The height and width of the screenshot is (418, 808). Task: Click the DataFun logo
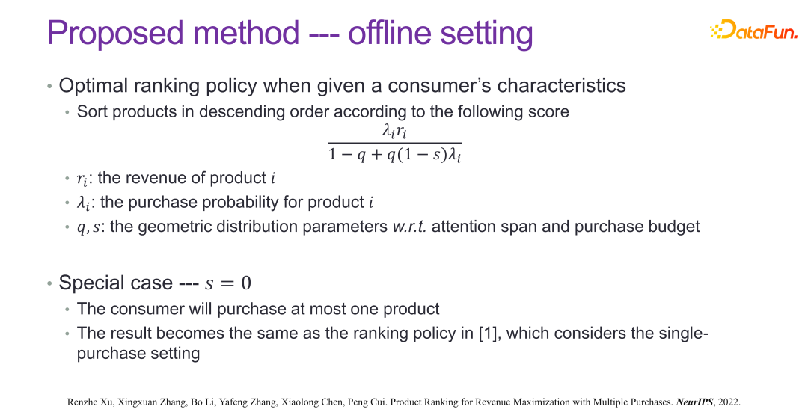click(x=753, y=30)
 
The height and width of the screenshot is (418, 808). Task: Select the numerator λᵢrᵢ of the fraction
click(x=395, y=132)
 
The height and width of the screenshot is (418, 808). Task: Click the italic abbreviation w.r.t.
click(x=409, y=227)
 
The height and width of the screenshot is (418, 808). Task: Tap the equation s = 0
click(x=227, y=283)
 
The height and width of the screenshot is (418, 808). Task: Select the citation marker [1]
click(x=487, y=334)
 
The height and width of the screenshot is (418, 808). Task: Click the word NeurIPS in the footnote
click(x=694, y=402)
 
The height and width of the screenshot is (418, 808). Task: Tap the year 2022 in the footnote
click(x=729, y=402)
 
